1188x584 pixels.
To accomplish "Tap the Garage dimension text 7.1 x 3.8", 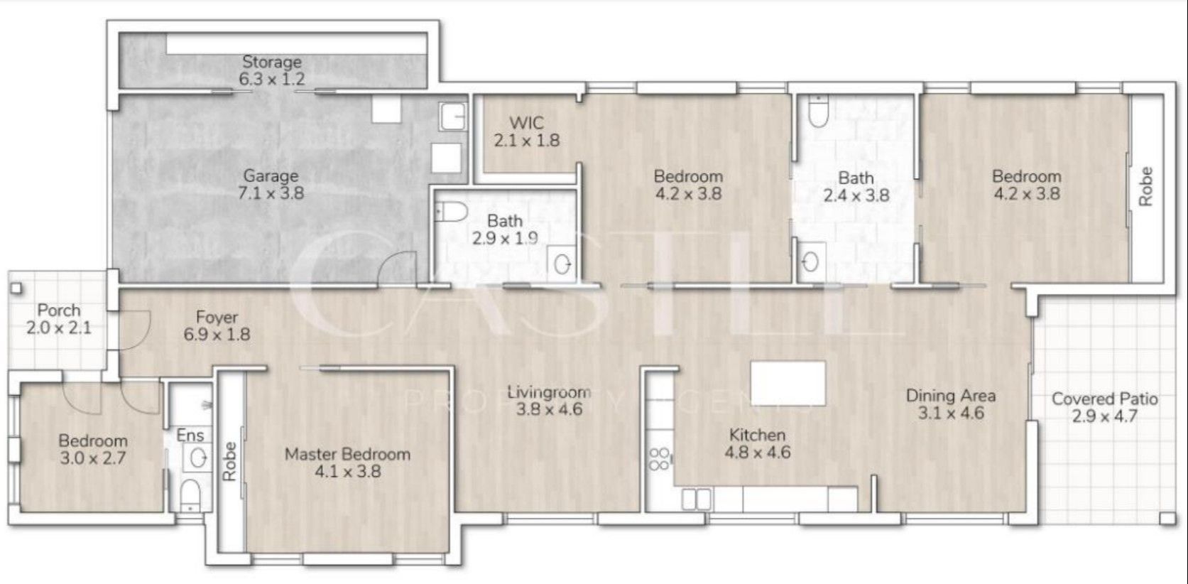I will click(x=271, y=193).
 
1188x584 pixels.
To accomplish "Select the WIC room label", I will click(x=526, y=123).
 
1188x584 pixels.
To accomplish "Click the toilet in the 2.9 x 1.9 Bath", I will click(x=450, y=211).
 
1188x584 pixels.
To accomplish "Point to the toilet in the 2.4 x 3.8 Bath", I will click(x=818, y=112).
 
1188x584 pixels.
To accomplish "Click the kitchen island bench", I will click(x=788, y=383).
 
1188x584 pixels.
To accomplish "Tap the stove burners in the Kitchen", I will click(x=658, y=459).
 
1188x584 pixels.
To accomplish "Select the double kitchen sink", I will click(x=697, y=499).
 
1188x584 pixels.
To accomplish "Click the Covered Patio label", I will click(x=1104, y=399).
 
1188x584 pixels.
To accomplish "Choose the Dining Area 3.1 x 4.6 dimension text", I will click(x=950, y=413).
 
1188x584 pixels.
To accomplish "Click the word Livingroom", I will click(x=548, y=391).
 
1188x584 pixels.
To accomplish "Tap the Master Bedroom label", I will click(x=347, y=454).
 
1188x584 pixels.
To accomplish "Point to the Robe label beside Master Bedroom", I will click(x=229, y=462).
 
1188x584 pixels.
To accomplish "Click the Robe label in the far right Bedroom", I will click(x=1145, y=186).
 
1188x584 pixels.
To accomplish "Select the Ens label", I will click(x=190, y=436).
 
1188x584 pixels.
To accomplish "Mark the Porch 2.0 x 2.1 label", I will click(x=59, y=319).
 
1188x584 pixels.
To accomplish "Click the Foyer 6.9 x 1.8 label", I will click(x=217, y=325).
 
